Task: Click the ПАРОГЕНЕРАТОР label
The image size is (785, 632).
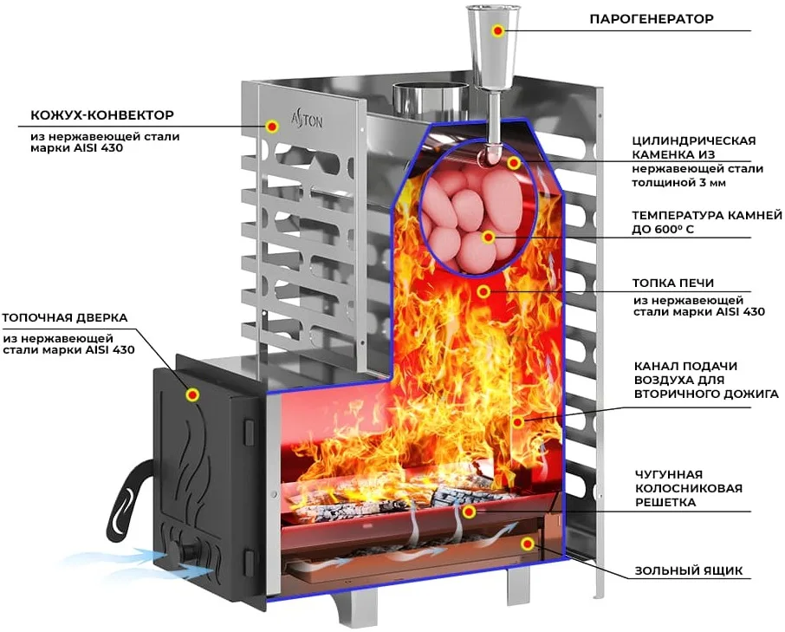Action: coord(652,20)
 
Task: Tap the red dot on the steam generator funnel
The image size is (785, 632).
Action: coord(497,30)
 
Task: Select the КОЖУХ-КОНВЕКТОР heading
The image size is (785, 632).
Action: coord(102,115)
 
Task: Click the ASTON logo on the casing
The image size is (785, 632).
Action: coord(308,121)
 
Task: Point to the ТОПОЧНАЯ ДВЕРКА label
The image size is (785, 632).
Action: coord(65,318)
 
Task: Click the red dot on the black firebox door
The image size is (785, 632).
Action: coord(192,395)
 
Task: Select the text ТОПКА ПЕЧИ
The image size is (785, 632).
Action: coord(673,283)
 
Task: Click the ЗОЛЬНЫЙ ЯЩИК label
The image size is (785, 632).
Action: coord(689,571)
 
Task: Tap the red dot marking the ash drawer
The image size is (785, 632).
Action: coord(528,544)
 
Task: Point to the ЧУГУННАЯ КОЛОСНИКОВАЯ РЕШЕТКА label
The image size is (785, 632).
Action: coord(688,488)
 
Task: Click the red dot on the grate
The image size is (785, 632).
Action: coord(469,511)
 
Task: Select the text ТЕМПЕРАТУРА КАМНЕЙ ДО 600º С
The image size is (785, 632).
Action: coord(706,223)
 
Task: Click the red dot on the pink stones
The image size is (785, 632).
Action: coord(488,238)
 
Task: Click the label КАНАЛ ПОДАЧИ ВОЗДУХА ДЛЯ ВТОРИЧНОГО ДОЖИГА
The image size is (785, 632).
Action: coord(706,380)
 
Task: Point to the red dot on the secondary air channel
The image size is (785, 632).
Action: coord(519,421)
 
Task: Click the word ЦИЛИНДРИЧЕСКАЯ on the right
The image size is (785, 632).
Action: coord(693,140)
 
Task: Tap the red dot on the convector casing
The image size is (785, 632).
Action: coord(272,126)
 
